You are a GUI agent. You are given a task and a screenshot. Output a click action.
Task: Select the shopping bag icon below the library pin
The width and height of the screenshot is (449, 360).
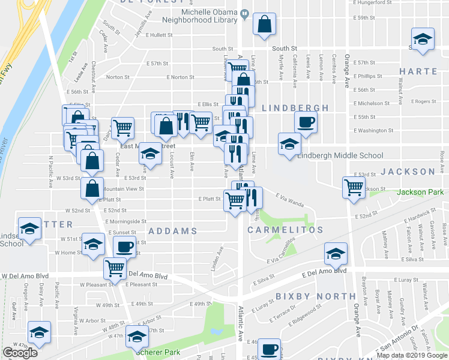tap(264, 25)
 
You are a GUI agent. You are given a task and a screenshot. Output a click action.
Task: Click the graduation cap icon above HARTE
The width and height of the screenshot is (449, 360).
tap(423, 38)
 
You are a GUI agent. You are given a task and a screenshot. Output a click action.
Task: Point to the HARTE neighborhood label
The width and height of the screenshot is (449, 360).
tap(418, 71)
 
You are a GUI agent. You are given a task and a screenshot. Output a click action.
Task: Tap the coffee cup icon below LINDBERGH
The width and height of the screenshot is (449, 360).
tap(306, 122)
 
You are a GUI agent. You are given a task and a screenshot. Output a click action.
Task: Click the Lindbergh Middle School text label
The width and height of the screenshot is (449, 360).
tap(340, 156)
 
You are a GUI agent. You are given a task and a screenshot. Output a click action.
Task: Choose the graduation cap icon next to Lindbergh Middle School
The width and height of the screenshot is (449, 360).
tap(289, 144)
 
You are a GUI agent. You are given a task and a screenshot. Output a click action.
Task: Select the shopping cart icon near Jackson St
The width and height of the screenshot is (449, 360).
tap(354, 187)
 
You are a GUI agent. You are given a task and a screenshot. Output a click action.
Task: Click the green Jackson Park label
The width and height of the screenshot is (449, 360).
tap(420, 193)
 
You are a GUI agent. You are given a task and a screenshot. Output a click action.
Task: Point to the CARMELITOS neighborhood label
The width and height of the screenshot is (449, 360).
tap(286, 230)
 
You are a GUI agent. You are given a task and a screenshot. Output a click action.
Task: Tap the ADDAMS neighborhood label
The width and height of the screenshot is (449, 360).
tap(173, 231)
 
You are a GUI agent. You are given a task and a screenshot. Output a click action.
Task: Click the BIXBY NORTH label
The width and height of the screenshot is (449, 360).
tap(316, 296)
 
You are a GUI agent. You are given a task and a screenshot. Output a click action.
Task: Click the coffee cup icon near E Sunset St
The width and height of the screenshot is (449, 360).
tap(125, 246)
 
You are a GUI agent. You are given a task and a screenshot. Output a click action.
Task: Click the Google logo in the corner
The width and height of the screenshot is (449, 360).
tap(20, 353)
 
